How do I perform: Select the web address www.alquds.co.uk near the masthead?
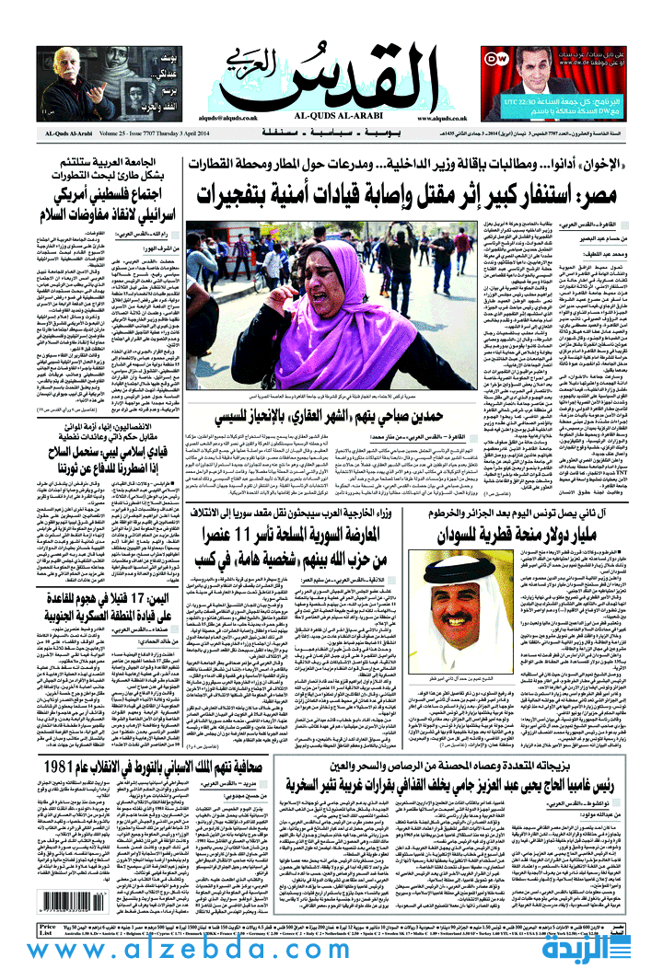pyautogui.click(x=441, y=119)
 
